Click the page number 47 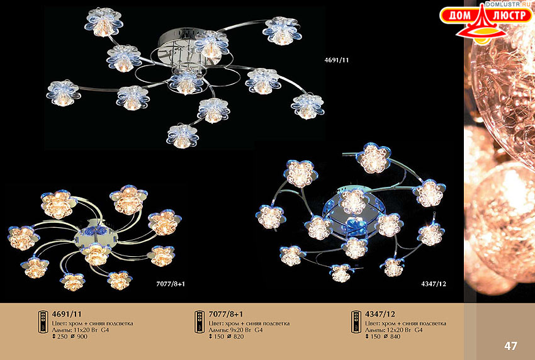(x=511, y=346)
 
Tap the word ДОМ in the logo (x=458, y=15)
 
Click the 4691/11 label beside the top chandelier (x=337, y=60)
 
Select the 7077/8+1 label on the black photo (x=171, y=284)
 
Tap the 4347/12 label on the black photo (x=434, y=284)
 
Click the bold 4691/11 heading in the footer (x=67, y=314)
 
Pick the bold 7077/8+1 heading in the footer (x=226, y=314)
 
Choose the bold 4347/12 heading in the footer (x=380, y=314)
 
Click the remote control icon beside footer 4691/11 (x=43, y=322)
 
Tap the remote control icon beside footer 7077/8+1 (x=200, y=322)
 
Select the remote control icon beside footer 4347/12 (x=356, y=322)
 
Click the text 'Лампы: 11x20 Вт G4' (x=81, y=330)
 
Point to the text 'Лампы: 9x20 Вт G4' (x=236, y=330)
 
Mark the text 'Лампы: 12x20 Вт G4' (x=394, y=330)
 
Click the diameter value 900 (x=82, y=337)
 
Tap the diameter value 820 (x=239, y=337)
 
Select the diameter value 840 (x=395, y=337)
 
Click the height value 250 (x=63, y=337)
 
